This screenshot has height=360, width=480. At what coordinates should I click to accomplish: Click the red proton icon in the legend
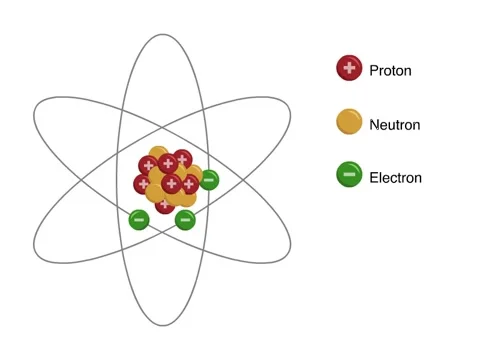349,68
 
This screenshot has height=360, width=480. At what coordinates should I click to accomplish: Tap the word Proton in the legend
390,70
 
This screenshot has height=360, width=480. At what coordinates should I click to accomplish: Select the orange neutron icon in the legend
349,123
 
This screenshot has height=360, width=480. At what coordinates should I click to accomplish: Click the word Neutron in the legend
394,125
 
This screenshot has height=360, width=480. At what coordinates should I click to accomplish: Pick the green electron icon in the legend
349,176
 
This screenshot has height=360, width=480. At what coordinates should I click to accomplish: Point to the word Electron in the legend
395,178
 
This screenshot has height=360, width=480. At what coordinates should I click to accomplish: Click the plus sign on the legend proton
349,68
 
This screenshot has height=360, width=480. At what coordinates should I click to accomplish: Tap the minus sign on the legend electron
349,176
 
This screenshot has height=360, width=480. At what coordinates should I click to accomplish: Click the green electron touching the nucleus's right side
209,180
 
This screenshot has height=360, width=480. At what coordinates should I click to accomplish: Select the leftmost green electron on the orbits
138,219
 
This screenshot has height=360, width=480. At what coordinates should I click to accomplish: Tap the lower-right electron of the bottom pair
185,219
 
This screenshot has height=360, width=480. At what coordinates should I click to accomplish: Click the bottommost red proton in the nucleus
165,204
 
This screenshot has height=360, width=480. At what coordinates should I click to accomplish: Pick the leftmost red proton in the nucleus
143,184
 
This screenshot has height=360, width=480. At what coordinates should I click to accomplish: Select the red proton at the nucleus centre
171,183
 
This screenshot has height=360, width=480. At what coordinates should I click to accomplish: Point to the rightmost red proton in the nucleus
190,183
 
